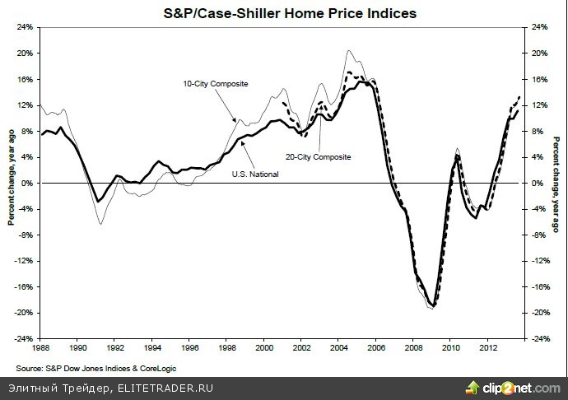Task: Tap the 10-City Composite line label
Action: (215, 84)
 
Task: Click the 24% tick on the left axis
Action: (24, 27)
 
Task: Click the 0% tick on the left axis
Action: (26, 183)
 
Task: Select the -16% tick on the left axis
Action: (24, 287)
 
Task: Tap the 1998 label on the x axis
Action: (227, 349)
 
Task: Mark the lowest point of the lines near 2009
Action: (433, 307)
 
